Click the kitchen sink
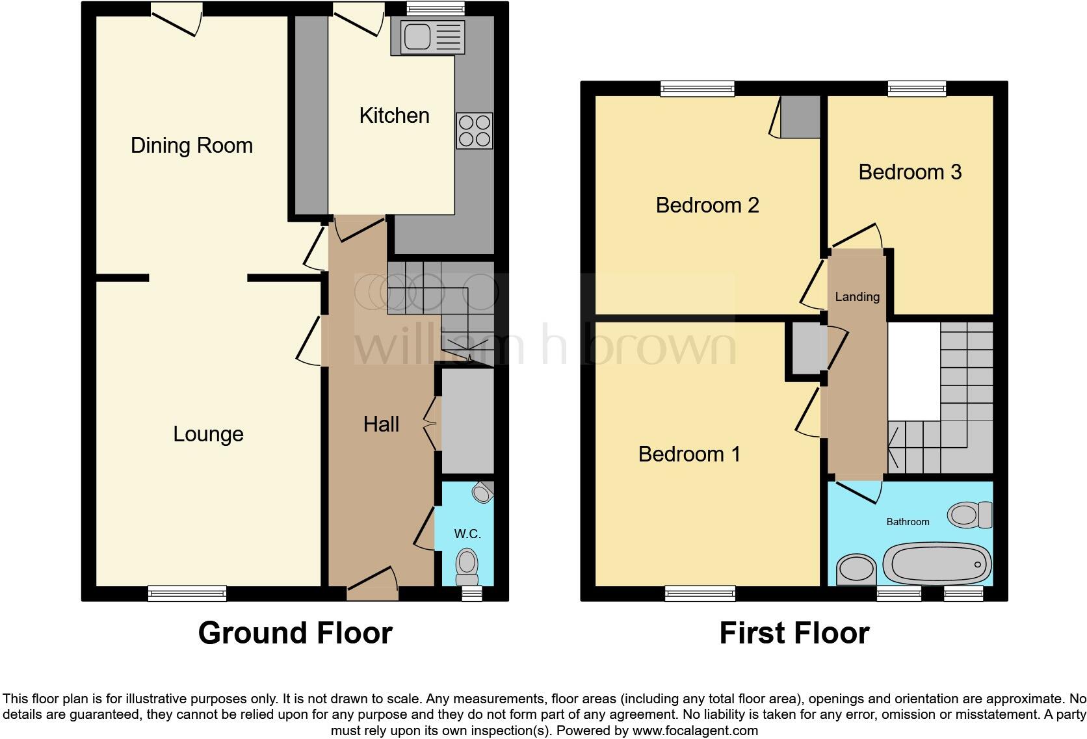[428, 37]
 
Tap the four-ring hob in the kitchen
[474, 131]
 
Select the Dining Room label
[192, 146]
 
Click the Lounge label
[208, 434]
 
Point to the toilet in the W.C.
[467, 566]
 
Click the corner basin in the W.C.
[482, 493]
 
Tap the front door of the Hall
[372, 582]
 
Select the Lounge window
[187, 593]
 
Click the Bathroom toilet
[969, 515]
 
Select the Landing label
[857, 297]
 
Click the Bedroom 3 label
[910, 172]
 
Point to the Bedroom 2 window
[698, 89]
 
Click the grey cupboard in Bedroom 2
[800, 117]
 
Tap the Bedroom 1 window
[700, 593]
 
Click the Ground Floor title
[295, 633]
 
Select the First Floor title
[794, 633]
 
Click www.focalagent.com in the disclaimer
[694, 731]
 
